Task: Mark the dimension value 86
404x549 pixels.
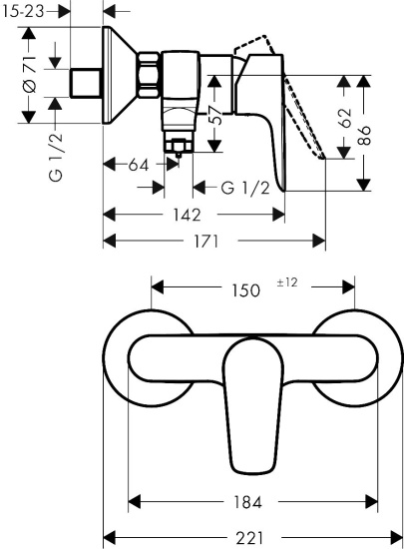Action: pyautogui.click(x=368, y=134)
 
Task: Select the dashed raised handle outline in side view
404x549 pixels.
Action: pyautogui.click(x=300, y=110)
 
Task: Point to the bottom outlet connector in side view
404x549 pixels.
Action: pyautogui.click(x=181, y=150)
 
